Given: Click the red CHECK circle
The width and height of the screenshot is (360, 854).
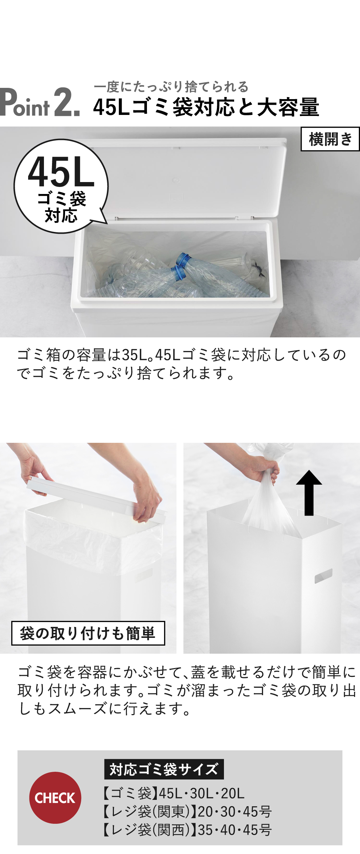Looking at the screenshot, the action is tap(55, 797).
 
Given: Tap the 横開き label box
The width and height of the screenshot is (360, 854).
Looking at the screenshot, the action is tap(330, 139).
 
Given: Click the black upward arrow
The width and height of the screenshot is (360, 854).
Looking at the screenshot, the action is tap(309, 493).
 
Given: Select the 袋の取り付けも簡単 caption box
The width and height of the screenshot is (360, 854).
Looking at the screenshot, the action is tap(88, 633).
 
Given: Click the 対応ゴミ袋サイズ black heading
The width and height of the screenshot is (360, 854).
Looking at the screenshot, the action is tap(164, 769).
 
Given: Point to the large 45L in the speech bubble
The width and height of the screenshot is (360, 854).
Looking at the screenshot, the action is tap(61, 172).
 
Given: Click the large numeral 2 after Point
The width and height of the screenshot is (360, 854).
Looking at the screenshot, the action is tap(67, 102).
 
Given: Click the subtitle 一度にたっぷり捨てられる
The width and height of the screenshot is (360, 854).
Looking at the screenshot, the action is tap(171, 86).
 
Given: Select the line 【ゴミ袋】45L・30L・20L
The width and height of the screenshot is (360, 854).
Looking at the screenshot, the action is tap(173, 793).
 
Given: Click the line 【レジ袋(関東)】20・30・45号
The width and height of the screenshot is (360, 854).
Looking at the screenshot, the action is tap(187, 811).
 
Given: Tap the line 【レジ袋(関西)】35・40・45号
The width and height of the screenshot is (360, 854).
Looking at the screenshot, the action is tap(187, 830).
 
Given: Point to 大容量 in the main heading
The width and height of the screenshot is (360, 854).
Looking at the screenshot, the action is tap(288, 107).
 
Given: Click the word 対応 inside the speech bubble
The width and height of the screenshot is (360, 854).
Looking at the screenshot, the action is tap(61, 215).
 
